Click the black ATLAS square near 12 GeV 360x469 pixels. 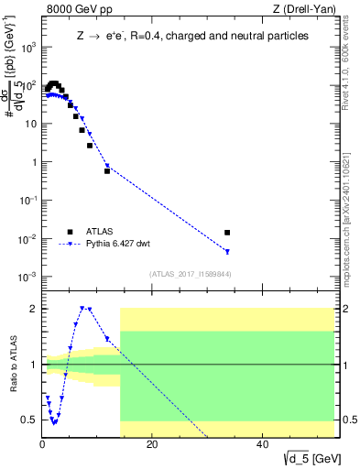[x=107, y=171]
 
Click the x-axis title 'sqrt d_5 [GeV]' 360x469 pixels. [x=302, y=458]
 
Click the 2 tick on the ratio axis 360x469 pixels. [x=34, y=309]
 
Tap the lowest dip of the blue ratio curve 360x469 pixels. [x=55, y=422]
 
